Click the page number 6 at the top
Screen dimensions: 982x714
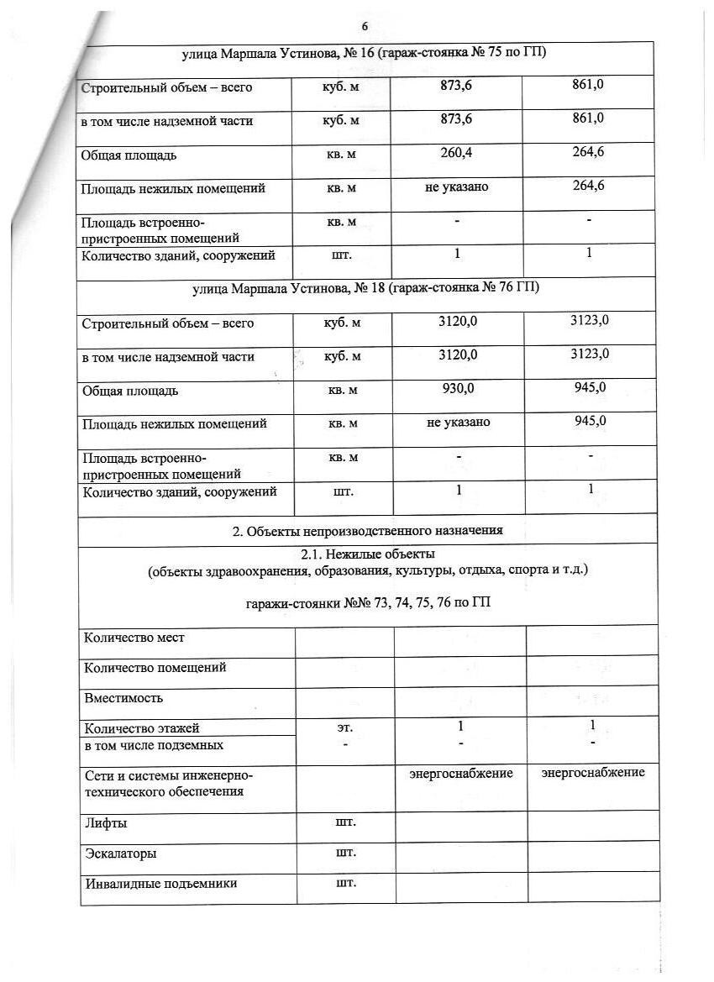[x=365, y=27]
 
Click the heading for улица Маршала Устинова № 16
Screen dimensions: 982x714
[x=364, y=54]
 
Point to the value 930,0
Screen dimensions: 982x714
[x=458, y=387]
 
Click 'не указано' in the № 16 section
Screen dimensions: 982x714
[x=456, y=186]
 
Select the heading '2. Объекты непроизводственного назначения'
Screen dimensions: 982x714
[x=367, y=530]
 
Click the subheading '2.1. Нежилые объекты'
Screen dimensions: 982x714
[x=368, y=554]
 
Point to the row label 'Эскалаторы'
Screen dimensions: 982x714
[x=120, y=853]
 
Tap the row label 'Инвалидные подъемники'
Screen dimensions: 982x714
[x=160, y=884]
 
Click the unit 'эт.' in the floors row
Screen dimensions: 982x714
[x=344, y=727]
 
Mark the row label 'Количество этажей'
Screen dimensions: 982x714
[x=142, y=728]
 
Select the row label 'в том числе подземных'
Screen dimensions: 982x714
[x=154, y=745]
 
